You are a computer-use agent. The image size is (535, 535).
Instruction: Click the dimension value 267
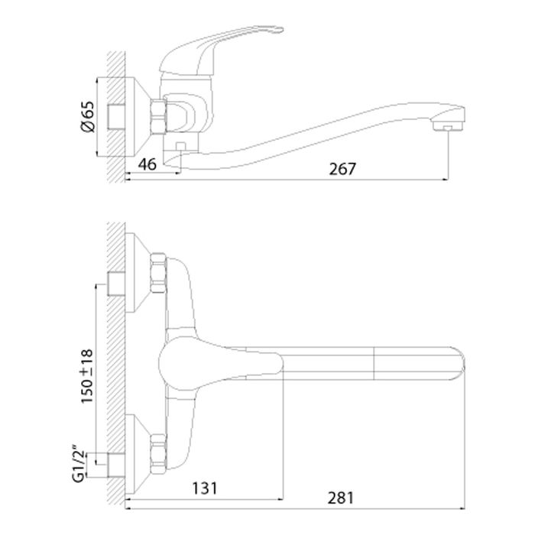click(x=342, y=169)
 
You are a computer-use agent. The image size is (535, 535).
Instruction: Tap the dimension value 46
click(x=148, y=164)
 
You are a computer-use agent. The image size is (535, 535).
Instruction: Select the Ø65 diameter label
click(x=86, y=116)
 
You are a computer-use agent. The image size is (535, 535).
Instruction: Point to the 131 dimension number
click(x=205, y=488)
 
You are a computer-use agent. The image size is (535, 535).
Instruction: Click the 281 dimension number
click(x=341, y=498)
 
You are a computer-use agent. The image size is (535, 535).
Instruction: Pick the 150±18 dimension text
click(x=86, y=376)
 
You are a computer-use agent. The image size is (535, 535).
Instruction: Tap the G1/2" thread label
click(x=78, y=463)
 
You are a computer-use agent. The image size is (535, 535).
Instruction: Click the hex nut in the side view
click(x=158, y=117)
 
